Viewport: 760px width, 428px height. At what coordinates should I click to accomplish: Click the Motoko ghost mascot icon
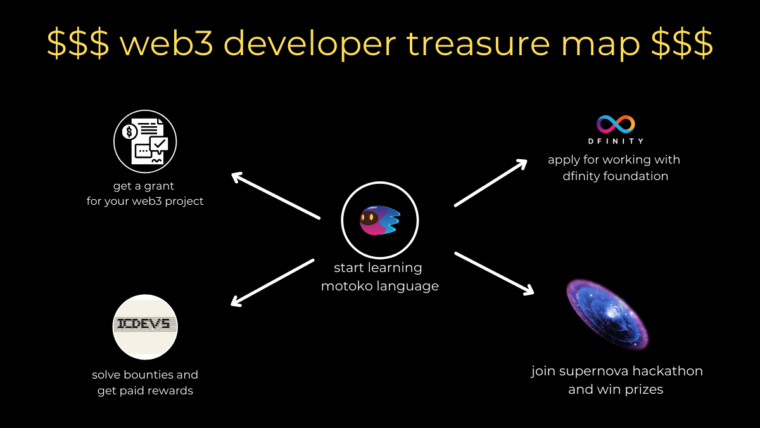tap(379, 220)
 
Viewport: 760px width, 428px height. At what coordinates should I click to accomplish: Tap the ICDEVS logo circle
tap(145, 326)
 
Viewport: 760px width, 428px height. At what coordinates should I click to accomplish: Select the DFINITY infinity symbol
tap(616, 124)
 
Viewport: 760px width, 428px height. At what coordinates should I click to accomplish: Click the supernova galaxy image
tap(606, 315)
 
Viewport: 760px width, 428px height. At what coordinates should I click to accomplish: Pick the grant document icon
tap(145, 141)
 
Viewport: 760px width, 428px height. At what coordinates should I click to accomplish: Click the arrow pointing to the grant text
tap(275, 195)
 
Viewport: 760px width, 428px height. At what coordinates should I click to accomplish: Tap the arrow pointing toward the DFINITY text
tap(490, 182)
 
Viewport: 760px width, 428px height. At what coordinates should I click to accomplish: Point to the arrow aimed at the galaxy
tap(494, 273)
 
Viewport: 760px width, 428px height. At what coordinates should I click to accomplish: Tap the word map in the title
tap(601, 43)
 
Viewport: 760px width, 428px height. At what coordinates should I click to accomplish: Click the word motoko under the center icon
tap(350, 286)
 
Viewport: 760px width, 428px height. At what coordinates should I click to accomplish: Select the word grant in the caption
tap(158, 186)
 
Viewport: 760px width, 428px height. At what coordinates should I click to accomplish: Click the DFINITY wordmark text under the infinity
tap(616, 141)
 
